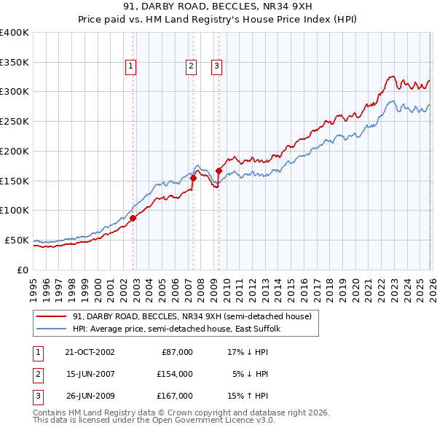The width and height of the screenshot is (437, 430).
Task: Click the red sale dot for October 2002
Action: click(133, 218)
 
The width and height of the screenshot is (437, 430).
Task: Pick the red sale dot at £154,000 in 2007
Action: click(193, 178)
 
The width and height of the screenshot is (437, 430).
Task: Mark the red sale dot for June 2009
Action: click(219, 171)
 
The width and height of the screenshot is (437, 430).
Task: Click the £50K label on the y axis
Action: click(17, 240)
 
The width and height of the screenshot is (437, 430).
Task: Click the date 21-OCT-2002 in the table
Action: click(90, 352)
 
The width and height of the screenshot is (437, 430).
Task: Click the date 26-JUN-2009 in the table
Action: click(90, 396)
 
